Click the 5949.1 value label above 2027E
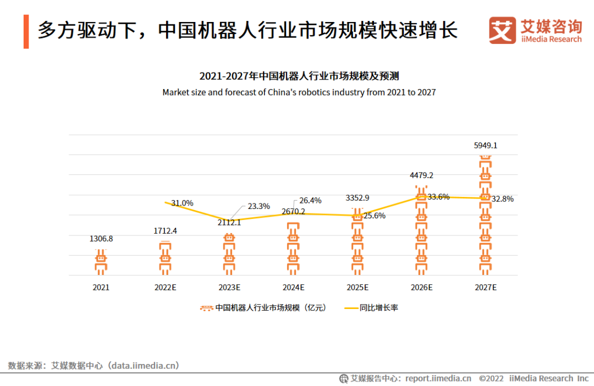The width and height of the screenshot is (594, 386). pyautogui.click(x=485, y=146)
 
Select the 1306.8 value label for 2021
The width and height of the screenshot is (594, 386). pyautogui.click(x=101, y=239)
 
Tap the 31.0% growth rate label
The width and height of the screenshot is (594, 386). pyautogui.click(x=182, y=203)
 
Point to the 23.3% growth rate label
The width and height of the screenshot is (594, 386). pyautogui.click(x=258, y=206)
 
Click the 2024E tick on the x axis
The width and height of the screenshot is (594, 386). pyautogui.click(x=293, y=287)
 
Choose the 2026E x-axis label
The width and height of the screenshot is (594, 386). pyautogui.click(x=421, y=287)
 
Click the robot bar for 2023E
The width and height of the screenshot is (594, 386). pyautogui.click(x=229, y=253)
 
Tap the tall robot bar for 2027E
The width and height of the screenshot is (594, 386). pyautogui.click(x=485, y=214)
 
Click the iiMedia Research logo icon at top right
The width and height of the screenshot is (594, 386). pyautogui.click(x=502, y=30)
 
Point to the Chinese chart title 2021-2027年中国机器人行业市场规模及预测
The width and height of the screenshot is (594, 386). pyautogui.click(x=299, y=76)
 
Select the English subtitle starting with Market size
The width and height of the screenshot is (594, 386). pyautogui.click(x=299, y=92)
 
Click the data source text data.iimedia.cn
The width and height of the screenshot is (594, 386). pyautogui.click(x=145, y=365)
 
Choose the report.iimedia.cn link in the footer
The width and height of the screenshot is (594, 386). pyautogui.click(x=438, y=378)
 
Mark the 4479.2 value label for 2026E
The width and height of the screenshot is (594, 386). pyautogui.click(x=421, y=175)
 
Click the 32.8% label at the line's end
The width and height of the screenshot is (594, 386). pyautogui.click(x=502, y=199)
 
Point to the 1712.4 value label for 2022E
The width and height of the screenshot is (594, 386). pyautogui.click(x=165, y=231)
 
